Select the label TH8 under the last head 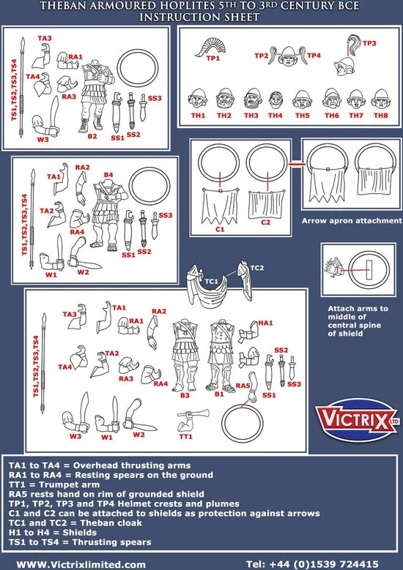pos(379,116)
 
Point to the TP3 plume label pos(369,43)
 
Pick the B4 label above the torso pos(108,174)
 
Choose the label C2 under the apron pos(265,222)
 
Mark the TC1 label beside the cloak pos(211,280)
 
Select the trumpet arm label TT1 pos(185,437)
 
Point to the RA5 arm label pos(244,385)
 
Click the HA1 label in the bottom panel pos(265,323)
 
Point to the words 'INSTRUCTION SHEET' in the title pos(201,16)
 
